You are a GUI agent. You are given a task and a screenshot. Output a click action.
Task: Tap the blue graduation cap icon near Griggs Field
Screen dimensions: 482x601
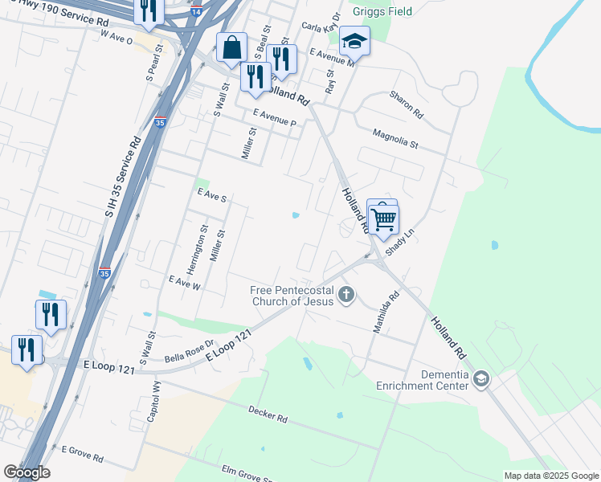coord(354,40)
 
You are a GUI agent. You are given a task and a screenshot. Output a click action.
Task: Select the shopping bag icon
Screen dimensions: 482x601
coord(231,47)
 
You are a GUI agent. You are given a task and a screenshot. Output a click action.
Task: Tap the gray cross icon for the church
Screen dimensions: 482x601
coord(346,295)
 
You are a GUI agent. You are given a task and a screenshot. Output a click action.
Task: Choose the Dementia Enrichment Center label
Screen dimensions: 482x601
coord(423,380)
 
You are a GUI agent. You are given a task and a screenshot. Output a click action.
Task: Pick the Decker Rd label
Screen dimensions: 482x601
coord(268,415)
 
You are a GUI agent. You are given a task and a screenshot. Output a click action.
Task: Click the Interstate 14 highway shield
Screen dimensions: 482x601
coord(196,13)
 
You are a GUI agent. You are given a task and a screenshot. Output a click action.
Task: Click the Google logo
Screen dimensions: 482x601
coord(27,472)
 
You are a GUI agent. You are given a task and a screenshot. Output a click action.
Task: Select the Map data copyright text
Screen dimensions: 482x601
coord(551,476)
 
